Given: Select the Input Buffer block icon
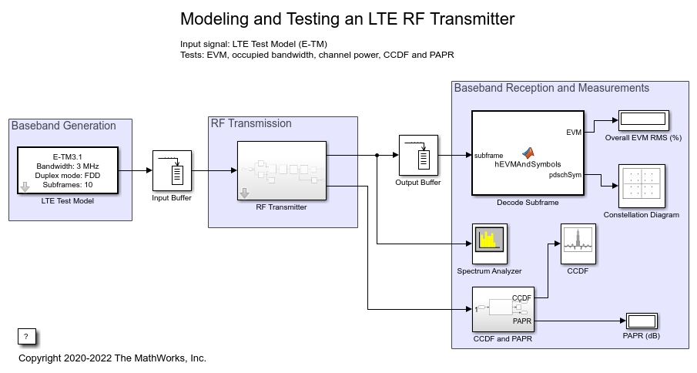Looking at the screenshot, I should [x=172, y=170].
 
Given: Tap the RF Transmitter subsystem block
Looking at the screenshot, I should [x=282, y=170].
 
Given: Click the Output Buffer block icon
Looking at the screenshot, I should [x=418, y=155].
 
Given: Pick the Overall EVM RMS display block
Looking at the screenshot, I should [x=642, y=120].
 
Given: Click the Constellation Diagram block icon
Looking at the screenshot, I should [x=642, y=185].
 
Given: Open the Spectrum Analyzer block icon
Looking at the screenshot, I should [x=489, y=242].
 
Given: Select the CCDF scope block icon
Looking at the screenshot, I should [x=577, y=242].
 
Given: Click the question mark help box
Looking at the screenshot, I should [x=26, y=336].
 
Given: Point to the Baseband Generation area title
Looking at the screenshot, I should [x=64, y=126].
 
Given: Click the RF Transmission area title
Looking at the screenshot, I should [x=251, y=123].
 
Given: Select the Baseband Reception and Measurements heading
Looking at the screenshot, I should [x=551, y=88].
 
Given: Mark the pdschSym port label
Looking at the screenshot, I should [x=566, y=175].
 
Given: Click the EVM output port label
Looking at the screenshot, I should [x=573, y=133].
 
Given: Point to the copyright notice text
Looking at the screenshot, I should [x=112, y=358].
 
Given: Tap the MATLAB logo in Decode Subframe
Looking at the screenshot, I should [x=528, y=153].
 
